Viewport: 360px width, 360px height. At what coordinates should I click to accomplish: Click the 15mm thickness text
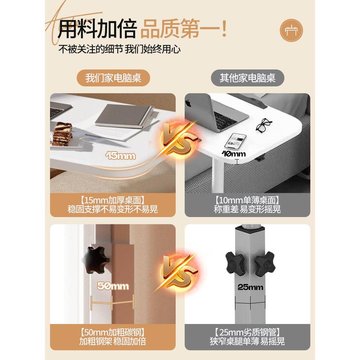(x=121, y=156)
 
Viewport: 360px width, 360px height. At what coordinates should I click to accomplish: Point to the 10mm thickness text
(x=234, y=154)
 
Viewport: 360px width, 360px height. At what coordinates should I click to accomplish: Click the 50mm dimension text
(x=113, y=286)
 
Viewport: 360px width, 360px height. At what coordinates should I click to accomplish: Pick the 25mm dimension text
(x=250, y=287)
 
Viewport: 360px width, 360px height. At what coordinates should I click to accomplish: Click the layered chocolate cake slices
(x=63, y=134)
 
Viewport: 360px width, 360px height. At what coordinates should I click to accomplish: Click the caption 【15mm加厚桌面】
(x=112, y=200)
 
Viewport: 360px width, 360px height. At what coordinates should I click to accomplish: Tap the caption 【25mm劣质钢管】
(x=247, y=332)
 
